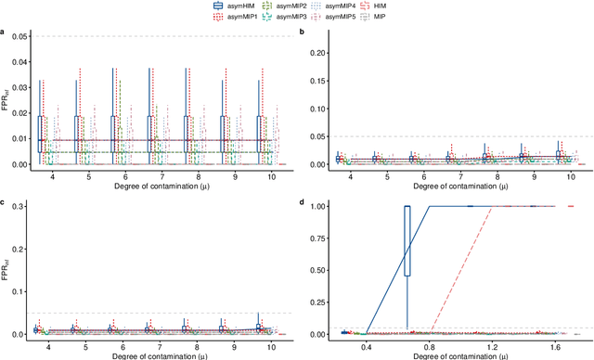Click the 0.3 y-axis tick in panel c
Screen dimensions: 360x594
point(20,205)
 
